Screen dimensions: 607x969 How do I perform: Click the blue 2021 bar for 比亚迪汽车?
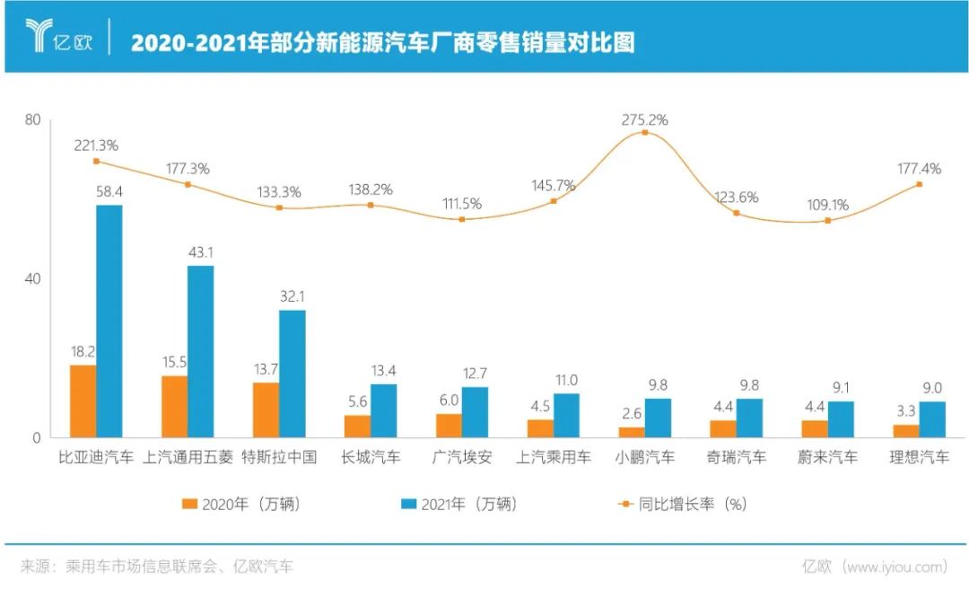pos(109,321)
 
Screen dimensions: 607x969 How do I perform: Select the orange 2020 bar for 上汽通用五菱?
pos(174,407)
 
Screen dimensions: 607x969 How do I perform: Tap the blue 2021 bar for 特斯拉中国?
pos(292,374)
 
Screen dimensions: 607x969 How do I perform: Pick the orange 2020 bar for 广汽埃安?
pos(449,426)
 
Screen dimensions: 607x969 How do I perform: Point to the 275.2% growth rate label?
pos(645,119)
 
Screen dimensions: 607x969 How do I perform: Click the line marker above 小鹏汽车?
pos(645,133)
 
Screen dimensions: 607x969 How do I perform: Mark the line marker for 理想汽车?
pos(919,184)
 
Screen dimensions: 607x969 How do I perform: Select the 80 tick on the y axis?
pos(33,120)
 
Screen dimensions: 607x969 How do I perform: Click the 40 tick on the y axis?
pos(33,279)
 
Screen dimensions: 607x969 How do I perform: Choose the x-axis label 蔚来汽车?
pos(827,457)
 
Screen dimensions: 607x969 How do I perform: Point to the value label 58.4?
pos(109,192)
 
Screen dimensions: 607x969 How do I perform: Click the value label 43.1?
pos(200,253)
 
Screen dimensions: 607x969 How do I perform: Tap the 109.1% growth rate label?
pos(827,205)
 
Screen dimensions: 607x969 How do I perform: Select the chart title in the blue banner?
pos(382,42)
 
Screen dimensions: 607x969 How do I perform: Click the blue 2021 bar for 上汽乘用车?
pos(566,416)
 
